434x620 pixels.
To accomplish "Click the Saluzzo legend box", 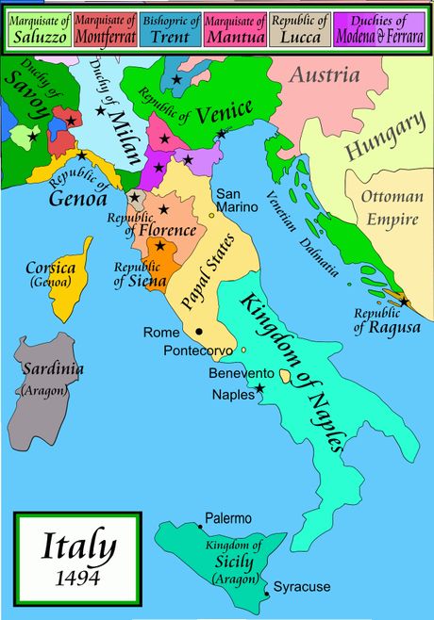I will pyautogui.click(x=37, y=26).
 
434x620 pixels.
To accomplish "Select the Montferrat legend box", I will pyautogui.click(x=108, y=26).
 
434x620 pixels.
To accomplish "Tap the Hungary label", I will pyautogui.click(x=383, y=138).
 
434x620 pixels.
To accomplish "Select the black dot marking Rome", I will pyautogui.click(x=199, y=332).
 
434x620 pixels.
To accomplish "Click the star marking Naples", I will pyautogui.click(x=260, y=387).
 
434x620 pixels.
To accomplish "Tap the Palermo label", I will pyautogui.click(x=228, y=518).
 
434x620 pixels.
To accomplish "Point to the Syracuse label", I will pyautogui.click(x=302, y=586).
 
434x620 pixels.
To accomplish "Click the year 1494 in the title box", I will pyautogui.click(x=77, y=577).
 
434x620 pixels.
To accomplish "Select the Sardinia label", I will pyautogui.click(x=45, y=368).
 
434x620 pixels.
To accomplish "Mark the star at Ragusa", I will pyautogui.click(x=404, y=302).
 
